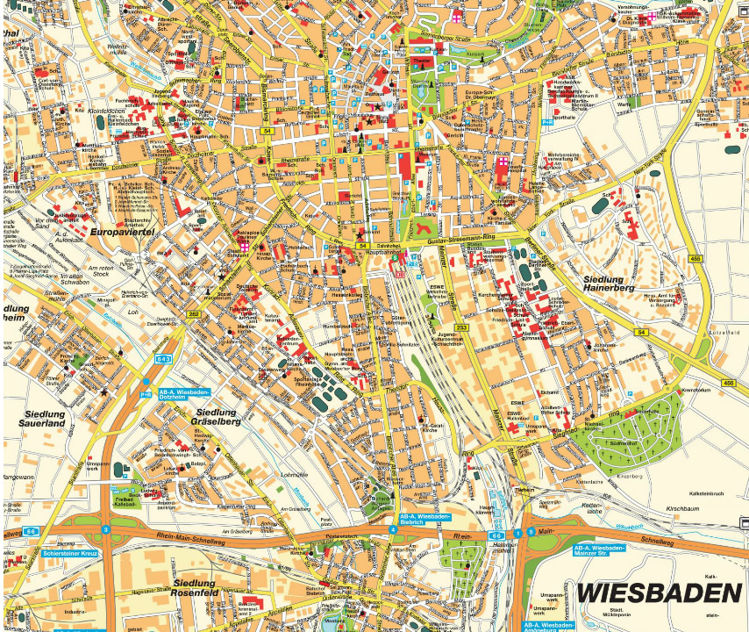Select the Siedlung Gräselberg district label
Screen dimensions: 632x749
216,416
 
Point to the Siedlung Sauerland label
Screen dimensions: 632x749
42,418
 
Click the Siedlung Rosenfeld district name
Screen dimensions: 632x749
206,587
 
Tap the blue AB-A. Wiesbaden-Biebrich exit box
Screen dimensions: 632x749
425,520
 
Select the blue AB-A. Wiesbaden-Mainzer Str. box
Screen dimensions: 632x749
599,550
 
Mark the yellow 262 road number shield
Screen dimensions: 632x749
195,315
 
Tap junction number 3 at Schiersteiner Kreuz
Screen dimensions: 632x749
105,529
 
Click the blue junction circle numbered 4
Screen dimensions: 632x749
392,530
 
